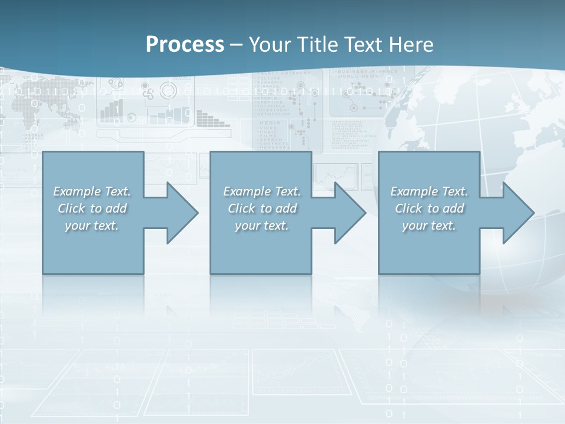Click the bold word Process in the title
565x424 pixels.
point(185,45)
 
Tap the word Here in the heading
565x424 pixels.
point(411,45)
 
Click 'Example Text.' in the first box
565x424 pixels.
point(92,191)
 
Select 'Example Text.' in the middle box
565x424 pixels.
point(262,191)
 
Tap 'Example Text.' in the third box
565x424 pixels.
point(429,191)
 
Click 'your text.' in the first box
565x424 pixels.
point(92,226)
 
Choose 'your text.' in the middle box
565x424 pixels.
point(262,226)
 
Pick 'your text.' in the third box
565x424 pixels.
point(429,226)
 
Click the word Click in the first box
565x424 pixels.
point(71,208)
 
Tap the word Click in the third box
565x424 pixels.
point(408,208)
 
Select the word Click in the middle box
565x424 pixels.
point(241,208)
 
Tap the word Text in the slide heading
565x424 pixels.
point(362,45)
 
